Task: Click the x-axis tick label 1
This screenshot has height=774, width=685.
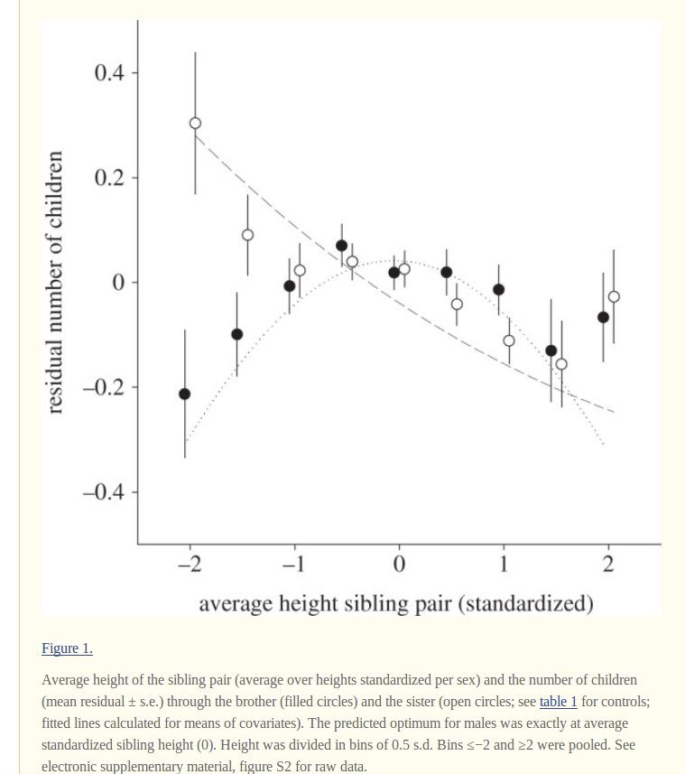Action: pyautogui.click(x=504, y=565)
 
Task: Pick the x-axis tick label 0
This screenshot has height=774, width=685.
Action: pyautogui.click(x=399, y=565)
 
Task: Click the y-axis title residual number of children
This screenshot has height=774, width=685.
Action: pyautogui.click(x=55, y=282)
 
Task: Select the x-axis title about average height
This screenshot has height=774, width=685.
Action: pyautogui.click(x=396, y=602)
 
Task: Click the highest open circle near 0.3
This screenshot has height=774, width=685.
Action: pyautogui.click(x=195, y=124)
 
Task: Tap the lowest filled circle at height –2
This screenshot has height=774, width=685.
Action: pyautogui.click(x=185, y=394)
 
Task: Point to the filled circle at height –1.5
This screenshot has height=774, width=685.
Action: pyautogui.click(x=237, y=334)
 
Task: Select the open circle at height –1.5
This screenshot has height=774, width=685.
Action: pyautogui.click(x=247, y=235)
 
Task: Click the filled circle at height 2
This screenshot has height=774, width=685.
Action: pyautogui.click(x=603, y=317)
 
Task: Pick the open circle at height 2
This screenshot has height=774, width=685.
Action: pyautogui.click(x=614, y=296)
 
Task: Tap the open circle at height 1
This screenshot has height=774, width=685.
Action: pyautogui.click(x=509, y=340)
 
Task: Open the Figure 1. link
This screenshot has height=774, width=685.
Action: pyautogui.click(x=67, y=648)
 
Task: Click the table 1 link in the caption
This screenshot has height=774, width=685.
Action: pyautogui.click(x=558, y=702)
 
